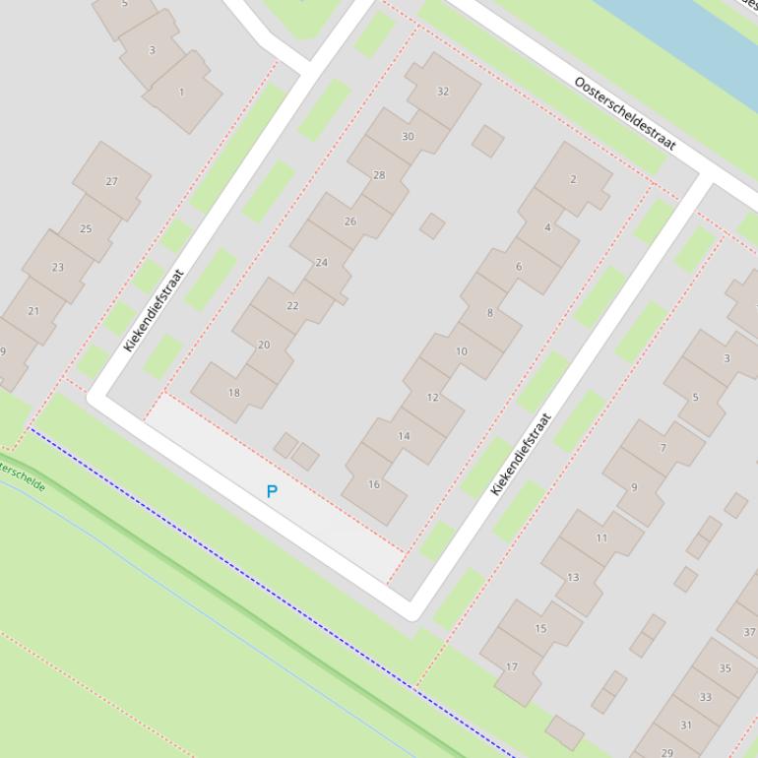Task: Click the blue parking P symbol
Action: click(x=272, y=491)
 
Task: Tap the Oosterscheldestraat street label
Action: click(x=624, y=113)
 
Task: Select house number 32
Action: click(x=443, y=92)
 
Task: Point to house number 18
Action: click(x=233, y=393)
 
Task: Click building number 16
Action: click(x=374, y=484)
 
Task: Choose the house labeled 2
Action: click(x=573, y=179)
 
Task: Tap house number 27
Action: click(x=111, y=181)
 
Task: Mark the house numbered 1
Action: click(x=181, y=93)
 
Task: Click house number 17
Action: click(x=512, y=666)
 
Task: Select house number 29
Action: click(x=667, y=753)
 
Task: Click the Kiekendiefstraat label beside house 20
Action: click(x=154, y=310)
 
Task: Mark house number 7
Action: click(x=663, y=448)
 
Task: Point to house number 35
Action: click(x=725, y=668)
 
